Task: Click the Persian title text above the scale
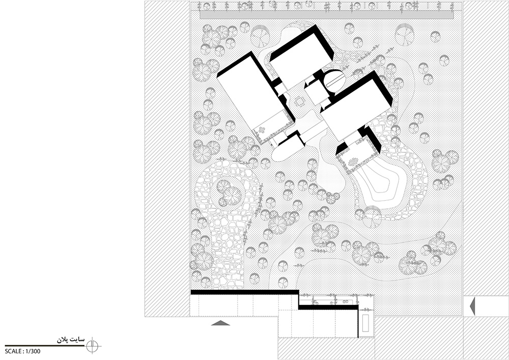71,340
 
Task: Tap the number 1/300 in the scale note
33,351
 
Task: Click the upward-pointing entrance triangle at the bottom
220,323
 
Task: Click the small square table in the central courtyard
299,102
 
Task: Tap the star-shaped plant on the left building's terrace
262,130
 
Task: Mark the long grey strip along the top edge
326,15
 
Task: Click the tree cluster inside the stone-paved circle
229,193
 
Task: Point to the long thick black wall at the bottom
244,292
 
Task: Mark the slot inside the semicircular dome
335,80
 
